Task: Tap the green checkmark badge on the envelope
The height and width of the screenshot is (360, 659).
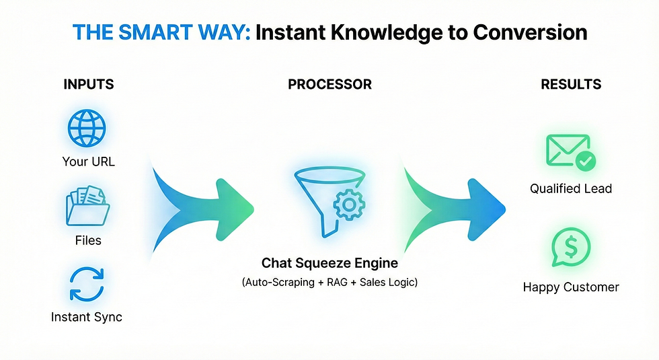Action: point(585,161)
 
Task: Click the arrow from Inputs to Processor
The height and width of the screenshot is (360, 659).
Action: point(202,202)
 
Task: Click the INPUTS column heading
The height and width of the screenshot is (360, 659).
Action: point(88,85)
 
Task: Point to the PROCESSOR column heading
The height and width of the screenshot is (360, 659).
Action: point(329,85)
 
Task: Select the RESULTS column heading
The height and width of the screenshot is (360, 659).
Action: point(571,85)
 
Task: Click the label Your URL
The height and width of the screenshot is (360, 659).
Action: point(88,161)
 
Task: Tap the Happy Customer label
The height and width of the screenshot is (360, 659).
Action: point(571,287)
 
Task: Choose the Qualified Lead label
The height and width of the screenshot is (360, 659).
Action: point(571,189)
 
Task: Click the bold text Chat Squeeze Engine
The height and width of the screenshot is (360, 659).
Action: point(329,262)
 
